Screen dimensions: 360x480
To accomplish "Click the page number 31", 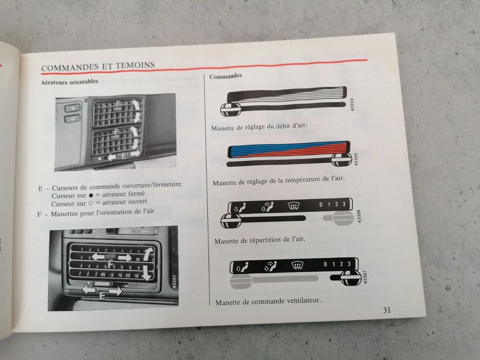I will point(387,310).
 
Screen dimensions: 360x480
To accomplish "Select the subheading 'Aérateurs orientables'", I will point(69,81).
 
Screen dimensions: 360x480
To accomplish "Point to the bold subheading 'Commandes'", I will point(225,76).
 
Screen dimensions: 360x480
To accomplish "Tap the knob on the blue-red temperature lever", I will point(342,159).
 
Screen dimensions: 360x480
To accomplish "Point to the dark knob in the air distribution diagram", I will point(231,220).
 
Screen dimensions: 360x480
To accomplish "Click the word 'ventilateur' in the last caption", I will point(301,301).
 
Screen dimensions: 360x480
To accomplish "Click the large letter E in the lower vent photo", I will point(102,295).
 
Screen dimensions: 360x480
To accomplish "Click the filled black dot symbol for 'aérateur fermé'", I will point(90,194).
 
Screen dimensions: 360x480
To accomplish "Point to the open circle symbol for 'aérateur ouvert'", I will point(90,204).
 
